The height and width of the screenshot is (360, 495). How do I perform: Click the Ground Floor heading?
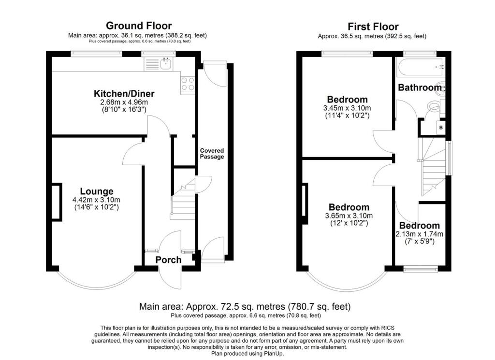point(139,26)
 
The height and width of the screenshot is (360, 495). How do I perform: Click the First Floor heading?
point(373,27)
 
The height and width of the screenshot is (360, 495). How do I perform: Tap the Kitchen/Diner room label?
point(124,94)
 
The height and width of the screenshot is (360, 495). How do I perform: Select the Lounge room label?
point(97,191)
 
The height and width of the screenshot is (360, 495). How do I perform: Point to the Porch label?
point(169,260)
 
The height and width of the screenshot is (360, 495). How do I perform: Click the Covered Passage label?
point(212,154)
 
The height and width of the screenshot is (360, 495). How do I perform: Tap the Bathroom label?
point(420,87)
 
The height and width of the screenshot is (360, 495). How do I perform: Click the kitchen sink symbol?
point(165,64)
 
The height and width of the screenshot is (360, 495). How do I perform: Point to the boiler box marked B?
point(441,128)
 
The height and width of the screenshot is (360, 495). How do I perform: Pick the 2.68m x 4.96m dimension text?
point(124,102)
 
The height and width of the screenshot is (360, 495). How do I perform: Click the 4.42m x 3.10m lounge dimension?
point(96,200)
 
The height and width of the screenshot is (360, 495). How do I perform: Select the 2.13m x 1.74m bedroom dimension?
point(419,234)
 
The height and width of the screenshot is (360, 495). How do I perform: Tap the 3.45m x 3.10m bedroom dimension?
point(347,108)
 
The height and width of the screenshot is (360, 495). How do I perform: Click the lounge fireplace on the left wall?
point(56,202)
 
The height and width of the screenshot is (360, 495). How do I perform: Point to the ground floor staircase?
point(183,199)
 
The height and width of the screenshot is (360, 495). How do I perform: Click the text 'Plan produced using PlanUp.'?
point(247,354)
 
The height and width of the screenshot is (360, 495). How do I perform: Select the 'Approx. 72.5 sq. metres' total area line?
point(245,306)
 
